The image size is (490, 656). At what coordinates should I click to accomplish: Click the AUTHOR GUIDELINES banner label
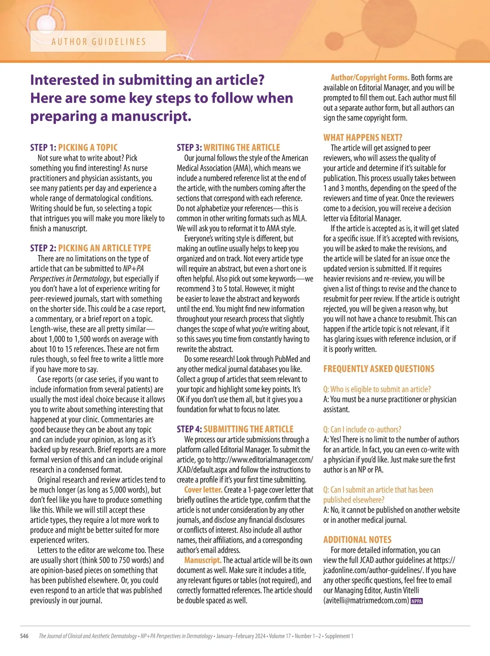[98, 42]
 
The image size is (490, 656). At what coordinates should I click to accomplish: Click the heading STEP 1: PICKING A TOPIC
[74, 147]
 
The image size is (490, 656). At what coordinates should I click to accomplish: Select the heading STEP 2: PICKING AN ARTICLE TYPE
[91, 248]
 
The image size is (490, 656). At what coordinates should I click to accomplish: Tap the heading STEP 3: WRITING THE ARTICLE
[228, 147]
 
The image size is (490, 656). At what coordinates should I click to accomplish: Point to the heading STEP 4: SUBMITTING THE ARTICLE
[235, 429]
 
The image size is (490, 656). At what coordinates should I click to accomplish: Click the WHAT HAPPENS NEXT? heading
[363, 137]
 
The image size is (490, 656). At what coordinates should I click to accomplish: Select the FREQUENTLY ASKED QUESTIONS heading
[379, 369]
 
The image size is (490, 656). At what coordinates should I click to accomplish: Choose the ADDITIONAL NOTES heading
[357, 540]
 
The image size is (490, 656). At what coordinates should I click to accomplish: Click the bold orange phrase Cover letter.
[203, 489]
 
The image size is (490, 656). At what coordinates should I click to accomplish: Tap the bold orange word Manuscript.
[203, 560]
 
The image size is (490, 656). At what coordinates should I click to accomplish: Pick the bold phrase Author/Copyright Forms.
[370, 77]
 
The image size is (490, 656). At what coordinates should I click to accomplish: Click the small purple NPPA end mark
[416, 601]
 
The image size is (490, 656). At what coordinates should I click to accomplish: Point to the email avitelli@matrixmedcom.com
[366, 600]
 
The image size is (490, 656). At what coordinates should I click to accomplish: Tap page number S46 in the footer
[24, 636]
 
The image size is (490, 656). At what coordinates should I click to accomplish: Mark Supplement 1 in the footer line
[339, 636]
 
